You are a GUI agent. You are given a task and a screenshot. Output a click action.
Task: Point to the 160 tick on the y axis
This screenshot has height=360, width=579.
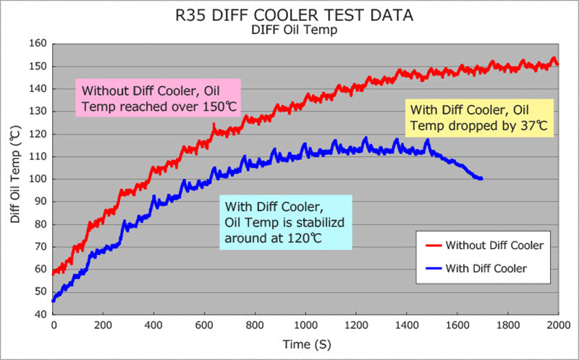pyautogui.click(x=38, y=44)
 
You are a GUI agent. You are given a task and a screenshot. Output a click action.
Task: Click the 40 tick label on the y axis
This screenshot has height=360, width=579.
pyautogui.click(x=40, y=314)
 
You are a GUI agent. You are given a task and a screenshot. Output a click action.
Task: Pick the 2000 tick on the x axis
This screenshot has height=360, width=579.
pyautogui.click(x=557, y=326)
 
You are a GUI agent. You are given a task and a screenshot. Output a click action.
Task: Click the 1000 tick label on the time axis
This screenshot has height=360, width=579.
pyautogui.click(x=305, y=326)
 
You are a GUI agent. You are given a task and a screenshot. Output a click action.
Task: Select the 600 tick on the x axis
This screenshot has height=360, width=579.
pyautogui.click(x=205, y=326)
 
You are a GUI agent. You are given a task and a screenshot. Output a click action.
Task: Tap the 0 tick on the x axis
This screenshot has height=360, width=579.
pyautogui.click(x=54, y=326)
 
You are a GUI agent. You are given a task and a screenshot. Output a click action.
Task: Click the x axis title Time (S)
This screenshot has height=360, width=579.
pyautogui.click(x=306, y=346)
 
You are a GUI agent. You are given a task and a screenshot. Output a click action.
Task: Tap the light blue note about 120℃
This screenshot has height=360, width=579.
pyautogui.click(x=287, y=222)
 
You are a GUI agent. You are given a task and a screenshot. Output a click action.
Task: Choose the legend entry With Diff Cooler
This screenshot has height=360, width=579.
pyautogui.click(x=486, y=268)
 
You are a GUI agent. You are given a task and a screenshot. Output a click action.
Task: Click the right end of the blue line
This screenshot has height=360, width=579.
pyautogui.click(x=481, y=178)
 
